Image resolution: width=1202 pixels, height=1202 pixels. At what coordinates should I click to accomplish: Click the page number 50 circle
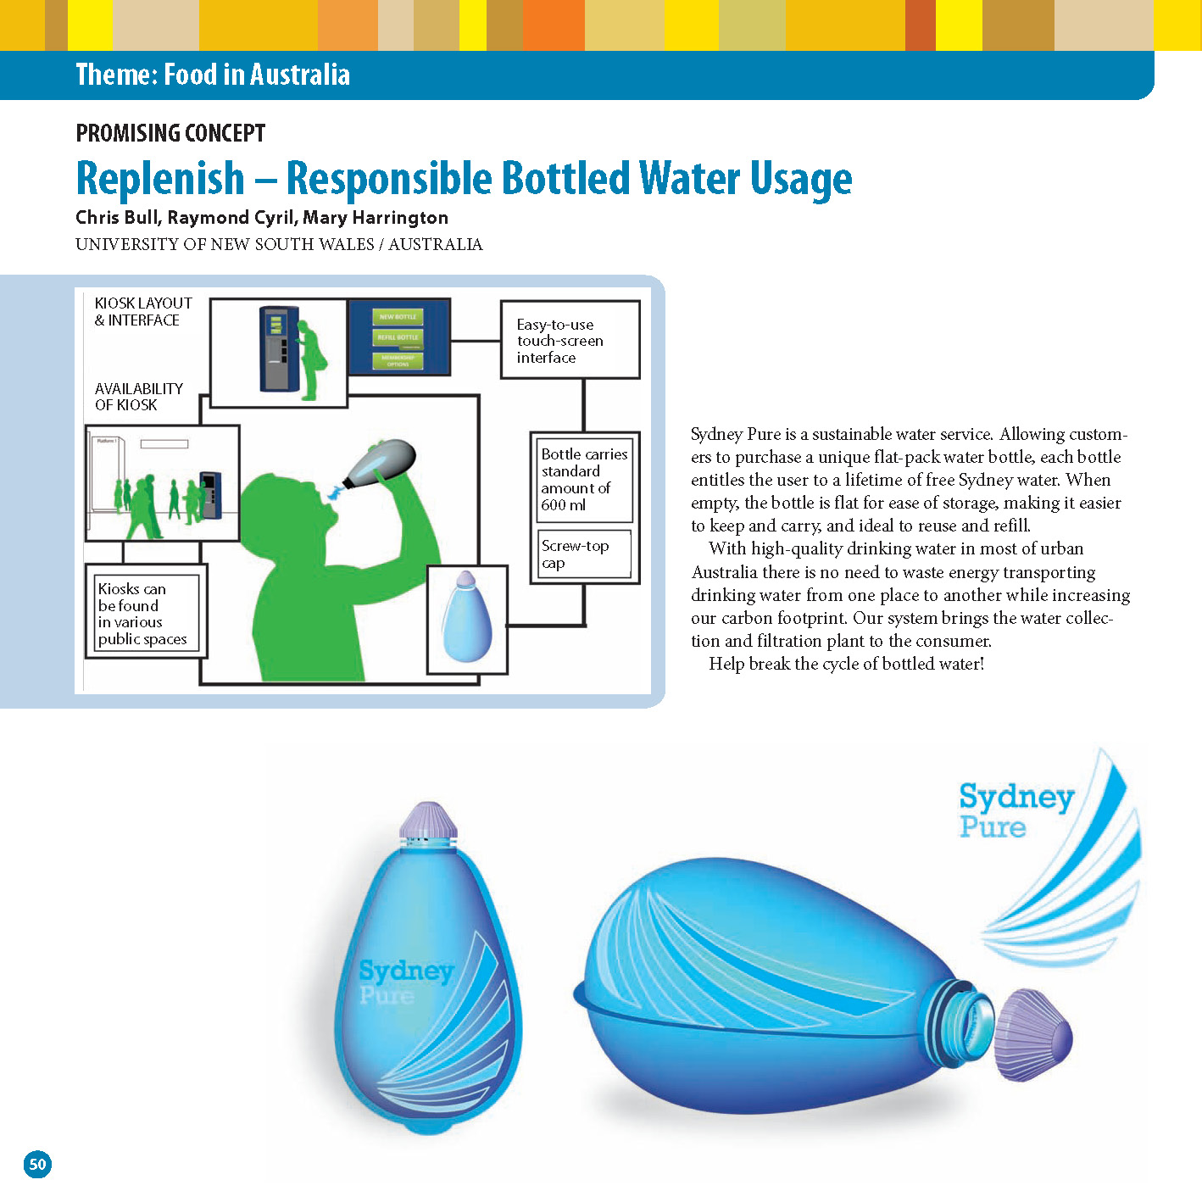coord(37,1164)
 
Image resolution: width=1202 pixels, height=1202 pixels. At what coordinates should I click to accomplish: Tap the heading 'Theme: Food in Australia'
coord(212,75)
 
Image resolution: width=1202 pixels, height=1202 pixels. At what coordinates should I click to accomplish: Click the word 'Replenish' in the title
coord(160,179)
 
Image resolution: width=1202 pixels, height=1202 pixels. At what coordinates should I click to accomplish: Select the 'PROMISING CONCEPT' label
coord(170,133)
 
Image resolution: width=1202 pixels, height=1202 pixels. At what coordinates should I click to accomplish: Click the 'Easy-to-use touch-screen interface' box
coord(570,340)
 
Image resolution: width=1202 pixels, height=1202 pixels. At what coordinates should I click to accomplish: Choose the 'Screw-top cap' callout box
coord(584,554)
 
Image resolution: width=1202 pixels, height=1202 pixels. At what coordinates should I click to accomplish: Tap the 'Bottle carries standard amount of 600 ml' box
coord(584,479)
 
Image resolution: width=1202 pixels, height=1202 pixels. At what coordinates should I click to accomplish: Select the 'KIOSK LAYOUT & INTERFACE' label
coord(142,311)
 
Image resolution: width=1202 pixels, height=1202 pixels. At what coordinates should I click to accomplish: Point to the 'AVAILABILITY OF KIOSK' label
coord(138,396)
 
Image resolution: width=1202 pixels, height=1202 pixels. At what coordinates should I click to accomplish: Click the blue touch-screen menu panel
coord(398,337)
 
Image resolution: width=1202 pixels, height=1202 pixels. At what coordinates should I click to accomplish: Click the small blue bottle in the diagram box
coord(466,619)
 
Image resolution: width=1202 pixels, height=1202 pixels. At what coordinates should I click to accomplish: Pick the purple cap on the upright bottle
coord(428,820)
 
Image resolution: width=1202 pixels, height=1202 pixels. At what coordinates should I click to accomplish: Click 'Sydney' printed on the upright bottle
coord(406,970)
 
